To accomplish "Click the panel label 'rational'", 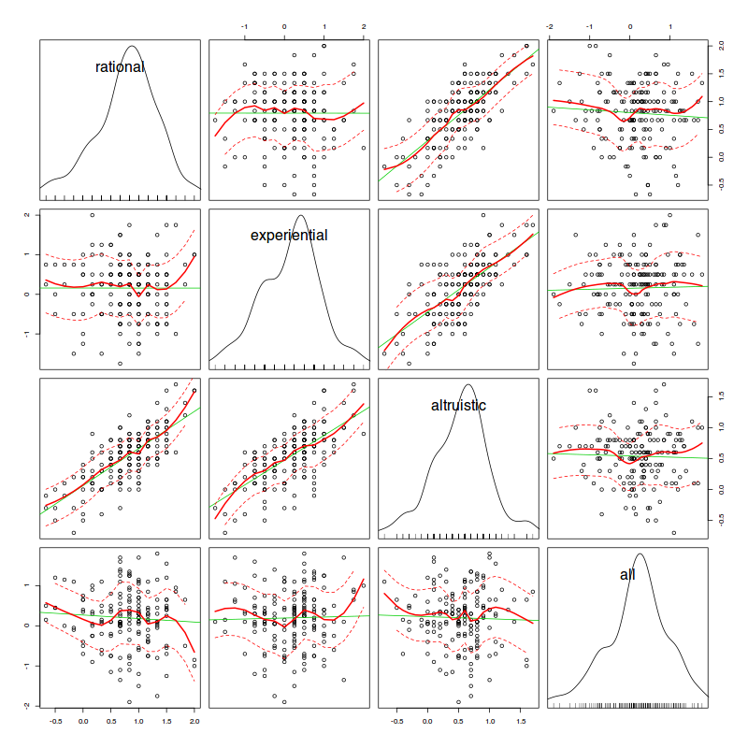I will (x=121, y=67).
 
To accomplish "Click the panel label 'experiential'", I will (x=289, y=236).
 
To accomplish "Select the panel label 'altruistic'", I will (x=458, y=405).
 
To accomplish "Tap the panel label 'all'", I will (x=627, y=574).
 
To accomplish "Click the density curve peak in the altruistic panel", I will (x=468, y=385).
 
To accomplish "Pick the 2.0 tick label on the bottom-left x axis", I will (x=194, y=722).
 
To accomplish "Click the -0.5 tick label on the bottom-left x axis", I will (x=55, y=722).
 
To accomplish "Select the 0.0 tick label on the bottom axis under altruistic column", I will (x=427, y=722).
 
